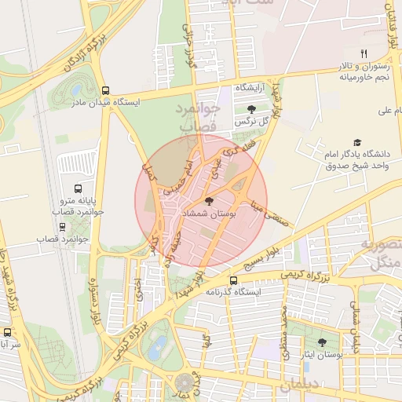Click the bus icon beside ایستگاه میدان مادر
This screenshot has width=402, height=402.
click(x=106, y=90)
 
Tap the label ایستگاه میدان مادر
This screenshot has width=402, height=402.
click(x=105, y=102)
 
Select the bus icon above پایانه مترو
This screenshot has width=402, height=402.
click(x=78, y=188)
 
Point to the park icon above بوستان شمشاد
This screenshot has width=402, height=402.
click(x=208, y=202)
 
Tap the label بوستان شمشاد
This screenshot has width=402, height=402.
click(x=208, y=214)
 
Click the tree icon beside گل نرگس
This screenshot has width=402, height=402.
click(x=250, y=109)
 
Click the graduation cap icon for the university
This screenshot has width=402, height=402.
click(x=357, y=142)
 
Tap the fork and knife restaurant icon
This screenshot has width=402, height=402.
click(x=363, y=53)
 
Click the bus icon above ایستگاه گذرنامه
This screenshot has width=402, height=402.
click(x=233, y=280)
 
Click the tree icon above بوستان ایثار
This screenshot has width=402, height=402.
click(x=323, y=342)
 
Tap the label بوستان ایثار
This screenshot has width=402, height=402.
click(x=323, y=356)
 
